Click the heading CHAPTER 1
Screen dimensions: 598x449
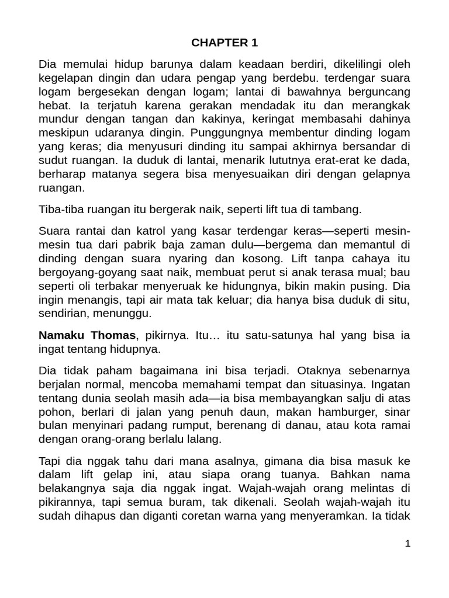click(x=224, y=43)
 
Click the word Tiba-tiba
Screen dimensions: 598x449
click(x=61, y=208)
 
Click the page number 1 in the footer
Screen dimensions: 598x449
click(x=408, y=544)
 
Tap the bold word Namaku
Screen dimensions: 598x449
click(x=61, y=335)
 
